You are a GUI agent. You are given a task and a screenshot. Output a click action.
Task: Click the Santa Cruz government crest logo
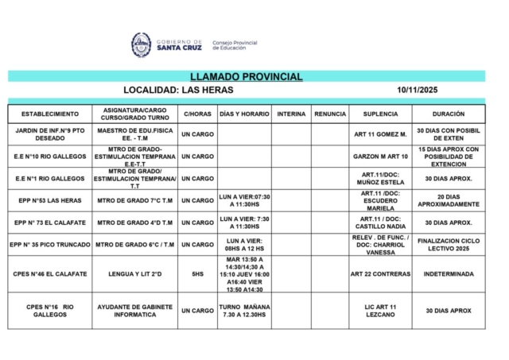(141, 45)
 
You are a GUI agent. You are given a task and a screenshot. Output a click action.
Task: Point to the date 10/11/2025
(417, 90)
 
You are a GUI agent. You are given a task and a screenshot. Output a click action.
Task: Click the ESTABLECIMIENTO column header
(50, 114)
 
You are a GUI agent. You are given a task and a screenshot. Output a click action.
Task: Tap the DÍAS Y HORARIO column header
(243, 114)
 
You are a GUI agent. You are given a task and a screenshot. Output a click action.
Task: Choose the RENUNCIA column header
(330, 114)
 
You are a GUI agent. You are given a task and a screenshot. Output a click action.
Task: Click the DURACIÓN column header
(449, 114)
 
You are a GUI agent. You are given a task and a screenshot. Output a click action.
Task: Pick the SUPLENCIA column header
(380, 114)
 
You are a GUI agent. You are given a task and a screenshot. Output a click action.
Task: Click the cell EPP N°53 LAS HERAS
(50, 200)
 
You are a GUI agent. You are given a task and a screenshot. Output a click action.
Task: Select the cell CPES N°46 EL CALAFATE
(50, 273)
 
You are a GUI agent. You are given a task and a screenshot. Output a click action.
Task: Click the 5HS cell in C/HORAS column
(197, 273)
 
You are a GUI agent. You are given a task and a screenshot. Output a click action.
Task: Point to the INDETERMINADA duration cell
(449, 273)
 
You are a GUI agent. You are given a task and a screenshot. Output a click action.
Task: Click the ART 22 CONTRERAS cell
(380, 273)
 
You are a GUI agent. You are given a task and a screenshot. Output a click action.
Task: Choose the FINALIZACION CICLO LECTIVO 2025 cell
(449, 245)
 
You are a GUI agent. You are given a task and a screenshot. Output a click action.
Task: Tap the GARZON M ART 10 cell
(380, 157)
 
